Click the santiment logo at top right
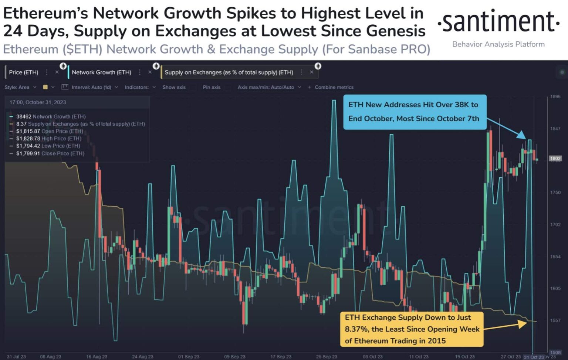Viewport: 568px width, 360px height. click(498, 22)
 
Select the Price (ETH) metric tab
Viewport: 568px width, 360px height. click(24, 72)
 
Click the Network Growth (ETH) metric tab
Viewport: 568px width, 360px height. click(101, 72)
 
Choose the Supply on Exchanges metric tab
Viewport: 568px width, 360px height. click(229, 72)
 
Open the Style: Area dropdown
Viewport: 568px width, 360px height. click(20, 87)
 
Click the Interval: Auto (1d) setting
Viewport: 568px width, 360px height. click(91, 87)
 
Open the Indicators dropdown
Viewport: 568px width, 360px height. click(140, 87)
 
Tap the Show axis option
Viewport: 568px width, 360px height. click(174, 87)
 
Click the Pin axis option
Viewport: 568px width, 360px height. click(212, 87)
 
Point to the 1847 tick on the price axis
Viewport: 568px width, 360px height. click(555, 129)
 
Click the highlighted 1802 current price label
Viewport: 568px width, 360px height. click(555, 159)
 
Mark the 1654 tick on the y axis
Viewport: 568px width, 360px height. click(555, 257)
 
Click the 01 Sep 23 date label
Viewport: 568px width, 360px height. click(189, 357)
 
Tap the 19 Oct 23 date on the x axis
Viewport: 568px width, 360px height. click(464, 357)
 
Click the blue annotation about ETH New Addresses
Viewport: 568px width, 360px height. click(415, 112)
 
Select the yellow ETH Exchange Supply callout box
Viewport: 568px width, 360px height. click(412, 329)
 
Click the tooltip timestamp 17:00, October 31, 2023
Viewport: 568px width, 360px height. click(38, 102)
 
